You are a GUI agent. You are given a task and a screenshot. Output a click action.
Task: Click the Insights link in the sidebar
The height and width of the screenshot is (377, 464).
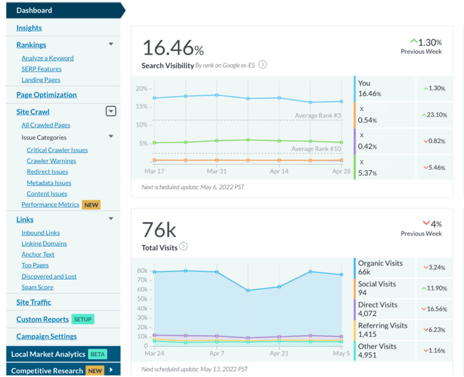29,28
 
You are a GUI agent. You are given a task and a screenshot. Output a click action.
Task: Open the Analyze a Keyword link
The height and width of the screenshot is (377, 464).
47,58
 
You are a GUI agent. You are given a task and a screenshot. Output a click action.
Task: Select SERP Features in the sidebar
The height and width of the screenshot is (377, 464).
41,69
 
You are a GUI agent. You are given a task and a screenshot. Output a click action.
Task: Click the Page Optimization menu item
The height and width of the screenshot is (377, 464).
47,95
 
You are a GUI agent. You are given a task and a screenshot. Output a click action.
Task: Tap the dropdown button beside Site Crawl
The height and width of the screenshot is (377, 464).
111,112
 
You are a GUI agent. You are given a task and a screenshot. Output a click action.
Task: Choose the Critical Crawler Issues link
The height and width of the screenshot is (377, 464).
57,150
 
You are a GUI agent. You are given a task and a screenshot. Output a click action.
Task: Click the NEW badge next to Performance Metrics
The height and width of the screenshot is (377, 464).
91,205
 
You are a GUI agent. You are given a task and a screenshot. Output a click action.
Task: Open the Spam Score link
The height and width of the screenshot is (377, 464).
37,287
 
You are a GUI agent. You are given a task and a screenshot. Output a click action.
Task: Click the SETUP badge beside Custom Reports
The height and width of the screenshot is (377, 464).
83,319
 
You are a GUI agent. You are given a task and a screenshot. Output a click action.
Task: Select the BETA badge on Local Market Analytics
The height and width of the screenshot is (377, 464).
97,354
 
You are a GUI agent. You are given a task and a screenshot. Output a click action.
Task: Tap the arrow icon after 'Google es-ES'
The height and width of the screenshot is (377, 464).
263,65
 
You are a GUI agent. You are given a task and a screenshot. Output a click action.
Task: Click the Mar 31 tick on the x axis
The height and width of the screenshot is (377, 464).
217,171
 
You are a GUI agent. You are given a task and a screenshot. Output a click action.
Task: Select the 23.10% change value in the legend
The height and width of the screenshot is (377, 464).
435,115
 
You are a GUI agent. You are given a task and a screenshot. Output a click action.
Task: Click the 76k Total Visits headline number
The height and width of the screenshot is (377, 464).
159,230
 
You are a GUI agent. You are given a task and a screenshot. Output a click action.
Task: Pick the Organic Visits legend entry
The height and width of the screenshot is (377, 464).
381,267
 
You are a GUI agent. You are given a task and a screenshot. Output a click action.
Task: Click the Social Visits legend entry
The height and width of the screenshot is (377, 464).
377,288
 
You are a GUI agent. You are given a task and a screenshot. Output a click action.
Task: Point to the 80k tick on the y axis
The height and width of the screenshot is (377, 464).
142,270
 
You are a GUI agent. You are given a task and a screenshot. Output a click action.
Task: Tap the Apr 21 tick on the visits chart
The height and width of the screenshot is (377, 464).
280,353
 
